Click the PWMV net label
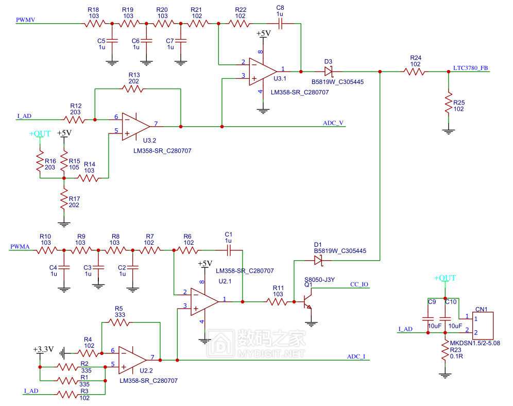[x=26, y=20]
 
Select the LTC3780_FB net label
[x=470, y=68]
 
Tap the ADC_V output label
[x=333, y=123]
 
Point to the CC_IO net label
[x=359, y=284]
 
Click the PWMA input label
[x=20, y=247]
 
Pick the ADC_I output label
[x=356, y=357]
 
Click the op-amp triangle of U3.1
[x=263, y=72]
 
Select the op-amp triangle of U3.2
[x=136, y=127]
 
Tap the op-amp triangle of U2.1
[x=204, y=302]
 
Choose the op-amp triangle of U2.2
[x=132, y=360]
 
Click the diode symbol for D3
[x=329, y=71]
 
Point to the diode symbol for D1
[x=318, y=260]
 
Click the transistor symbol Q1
[x=307, y=301]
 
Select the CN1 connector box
[x=483, y=326]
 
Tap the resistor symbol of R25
[x=449, y=103]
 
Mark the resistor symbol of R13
[x=132, y=89]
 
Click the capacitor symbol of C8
[x=280, y=24]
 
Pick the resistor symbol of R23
[x=445, y=351]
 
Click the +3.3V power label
[x=43, y=349]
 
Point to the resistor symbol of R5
[x=119, y=323]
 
